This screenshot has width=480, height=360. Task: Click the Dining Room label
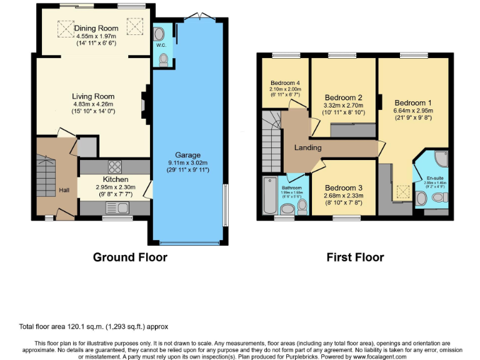pos(96,28)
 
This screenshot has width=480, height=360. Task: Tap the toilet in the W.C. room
pos(164,59)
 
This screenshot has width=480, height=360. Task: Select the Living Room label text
pos(94,96)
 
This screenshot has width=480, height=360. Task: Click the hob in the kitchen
pos(116,166)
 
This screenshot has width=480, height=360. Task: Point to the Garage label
pos(187,155)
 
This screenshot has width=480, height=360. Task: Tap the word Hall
pos(64,190)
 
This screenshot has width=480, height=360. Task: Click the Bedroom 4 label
pos(285,82)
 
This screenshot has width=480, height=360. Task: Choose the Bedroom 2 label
pos(343,97)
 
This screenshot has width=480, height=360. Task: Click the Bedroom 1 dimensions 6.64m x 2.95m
pos(412,111)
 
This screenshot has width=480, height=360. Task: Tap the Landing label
pos(307,147)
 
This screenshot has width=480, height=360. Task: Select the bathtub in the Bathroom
pos(269,196)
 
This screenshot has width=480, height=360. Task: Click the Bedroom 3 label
pos(343,187)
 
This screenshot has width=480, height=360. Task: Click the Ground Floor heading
pos(130,257)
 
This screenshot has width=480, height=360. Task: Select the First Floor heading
pos(355,257)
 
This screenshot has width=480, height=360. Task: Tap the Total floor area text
pos(92,326)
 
